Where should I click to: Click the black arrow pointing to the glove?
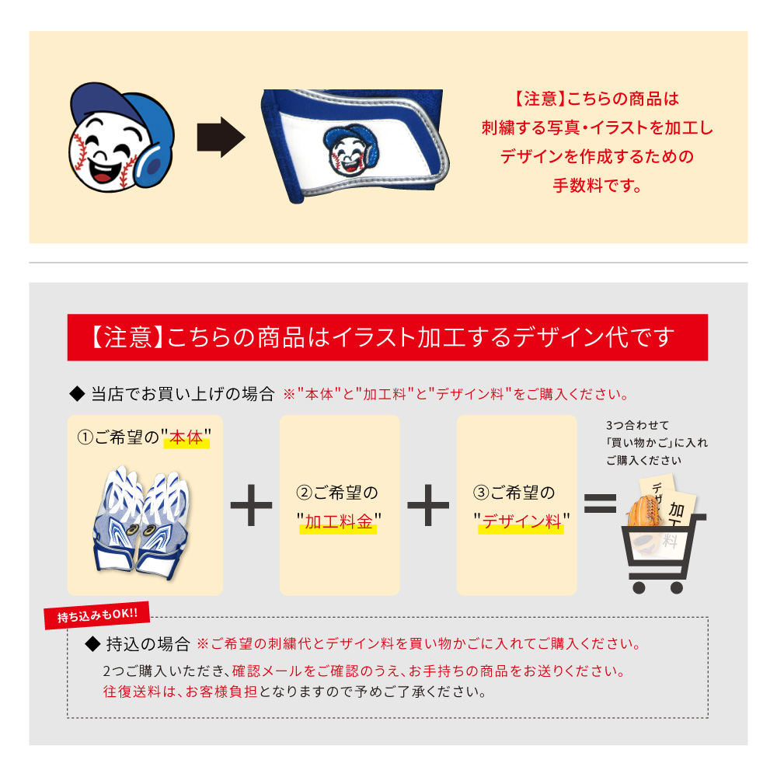pos(221,138)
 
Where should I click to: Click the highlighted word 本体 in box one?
pos(186,438)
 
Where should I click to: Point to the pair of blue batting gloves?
pos(141,523)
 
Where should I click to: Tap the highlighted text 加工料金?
pos(339,522)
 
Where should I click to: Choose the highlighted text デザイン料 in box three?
pos(522,522)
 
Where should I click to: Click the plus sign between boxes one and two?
pos(251,505)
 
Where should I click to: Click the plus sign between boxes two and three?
pos(428,505)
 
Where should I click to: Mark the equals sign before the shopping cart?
pos(600,503)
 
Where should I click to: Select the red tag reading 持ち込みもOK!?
pos(97,615)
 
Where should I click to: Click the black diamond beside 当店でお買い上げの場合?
pos(77,395)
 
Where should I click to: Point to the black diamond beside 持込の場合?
pos(92,644)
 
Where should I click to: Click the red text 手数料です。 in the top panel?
pos(597,186)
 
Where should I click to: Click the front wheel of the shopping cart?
pos(639,587)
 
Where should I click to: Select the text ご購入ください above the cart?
pos(643,460)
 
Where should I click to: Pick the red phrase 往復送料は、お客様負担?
pos(180,692)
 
